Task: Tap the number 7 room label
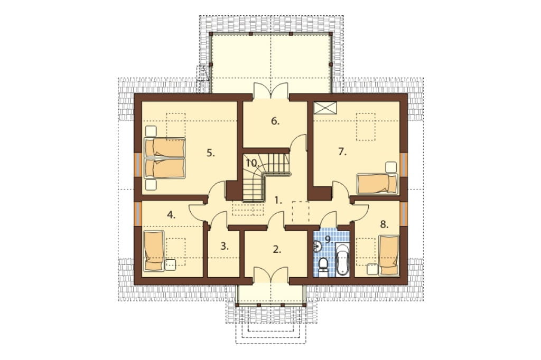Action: pyautogui.click(x=342, y=151)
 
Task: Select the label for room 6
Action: pyautogui.click(x=275, y=121)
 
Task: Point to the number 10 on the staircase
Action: pyautogui.click(x=253, y=163)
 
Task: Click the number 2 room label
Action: pyautogui.click(x=277, y=249)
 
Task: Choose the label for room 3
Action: pyautogui.click(x=224, y=246)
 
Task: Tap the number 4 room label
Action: pyautogui.click(x=171, y=215)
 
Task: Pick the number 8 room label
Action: pyautogui.click(x=384, y=224)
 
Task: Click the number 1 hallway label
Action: pyautogui.click(x=278, y=200)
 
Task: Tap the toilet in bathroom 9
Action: pyautogui.click(x=323, y=267)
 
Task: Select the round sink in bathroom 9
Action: pyautogui.click(x=318, y=246)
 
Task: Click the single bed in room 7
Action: pyautogui.click(x=377, y=184)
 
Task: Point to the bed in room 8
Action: pyautogui.click(x=389, y=255)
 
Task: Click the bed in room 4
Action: pyautogui.click(x=153, y=251)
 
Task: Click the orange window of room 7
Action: pyautogui.click(x=404, y=164)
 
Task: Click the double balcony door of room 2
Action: pyautogui.click(x=272, y=276)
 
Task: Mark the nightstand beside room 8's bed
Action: pyautogui.click(x=371, y=269)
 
